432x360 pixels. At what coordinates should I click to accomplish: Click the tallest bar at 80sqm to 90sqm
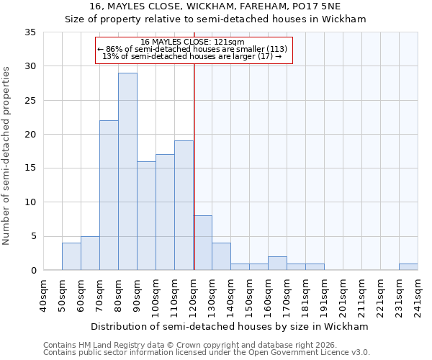[127, 171]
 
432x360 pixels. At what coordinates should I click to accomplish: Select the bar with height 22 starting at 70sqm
[109, 195]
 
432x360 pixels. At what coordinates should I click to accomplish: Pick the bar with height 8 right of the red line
[202, 243]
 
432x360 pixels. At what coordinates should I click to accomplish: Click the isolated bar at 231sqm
[408, 266]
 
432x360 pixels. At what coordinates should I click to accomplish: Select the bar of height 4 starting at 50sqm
[71, 256]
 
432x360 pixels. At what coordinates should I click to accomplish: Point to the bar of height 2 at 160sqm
[277, 264]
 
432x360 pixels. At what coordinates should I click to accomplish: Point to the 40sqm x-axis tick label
[43, 294]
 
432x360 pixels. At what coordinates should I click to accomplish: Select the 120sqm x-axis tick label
[193, 296]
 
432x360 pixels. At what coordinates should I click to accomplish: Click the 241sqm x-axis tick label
[418, 296]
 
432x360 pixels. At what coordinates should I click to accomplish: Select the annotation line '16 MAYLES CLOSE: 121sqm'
[193, 42]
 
